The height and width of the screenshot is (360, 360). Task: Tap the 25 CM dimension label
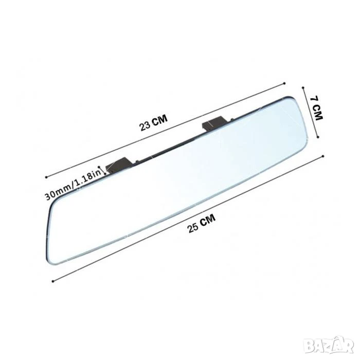coord(202,223)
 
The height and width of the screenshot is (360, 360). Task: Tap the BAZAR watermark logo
coord(330,345)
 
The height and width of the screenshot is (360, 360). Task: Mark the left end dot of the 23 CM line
coord(46,177)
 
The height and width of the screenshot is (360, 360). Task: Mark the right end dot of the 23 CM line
coord(285,83)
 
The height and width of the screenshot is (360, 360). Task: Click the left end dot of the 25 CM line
coord(53,281)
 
